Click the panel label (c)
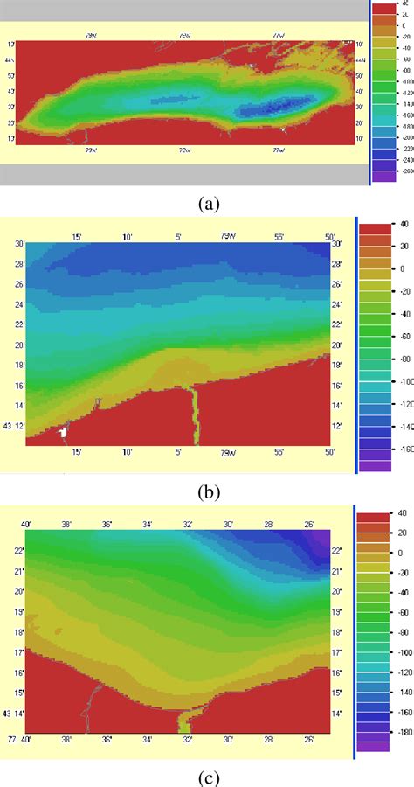click(x=207, y=776)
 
